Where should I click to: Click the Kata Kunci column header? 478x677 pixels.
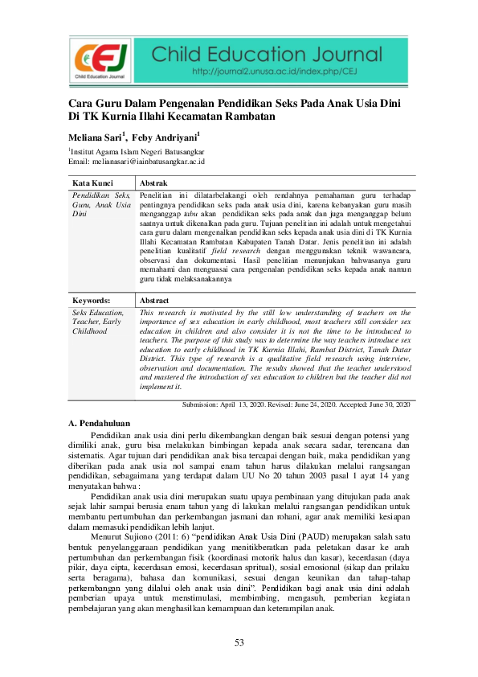pyautogui.click(x=91, y=183)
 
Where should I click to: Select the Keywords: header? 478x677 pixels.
pyautogui.click(x=91, y=300)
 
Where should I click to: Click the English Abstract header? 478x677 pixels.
pyautogui.click(x=156, y=300)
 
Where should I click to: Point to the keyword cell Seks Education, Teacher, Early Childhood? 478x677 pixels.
pyautogui.click(x=98, y=321)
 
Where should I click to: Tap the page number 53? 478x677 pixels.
pyautogui.click(x=239, y=642)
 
